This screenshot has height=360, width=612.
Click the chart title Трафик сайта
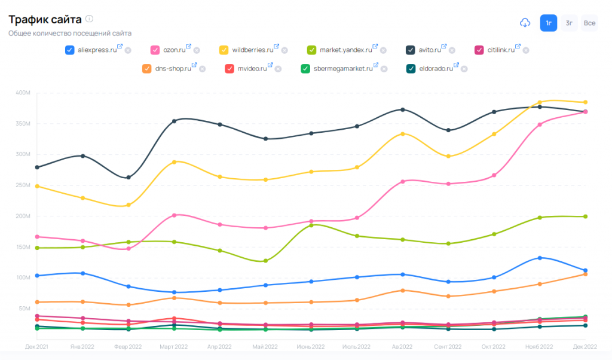(45, 19)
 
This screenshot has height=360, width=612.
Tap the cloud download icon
(525, 23)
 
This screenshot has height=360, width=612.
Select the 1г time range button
(549, 23)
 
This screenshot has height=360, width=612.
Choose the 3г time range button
(570, 23)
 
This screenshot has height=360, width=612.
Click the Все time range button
(589, 23)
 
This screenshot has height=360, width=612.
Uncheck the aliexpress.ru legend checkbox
(69, 50)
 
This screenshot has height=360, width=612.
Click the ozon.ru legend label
(174, 50)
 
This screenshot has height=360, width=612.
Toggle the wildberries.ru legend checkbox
(224, 50)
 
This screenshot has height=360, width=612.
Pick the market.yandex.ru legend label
(345, 50)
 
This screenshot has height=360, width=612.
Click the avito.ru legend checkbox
(411, 50)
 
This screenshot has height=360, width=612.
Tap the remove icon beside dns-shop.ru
(202, 69)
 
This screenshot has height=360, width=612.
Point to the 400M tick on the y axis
(26, 93)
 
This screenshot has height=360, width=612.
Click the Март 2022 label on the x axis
(173, 347)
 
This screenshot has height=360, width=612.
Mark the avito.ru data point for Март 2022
(174, 121)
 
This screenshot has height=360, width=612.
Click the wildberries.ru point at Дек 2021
(37, 186)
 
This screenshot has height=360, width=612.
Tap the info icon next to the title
(89, 19)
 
